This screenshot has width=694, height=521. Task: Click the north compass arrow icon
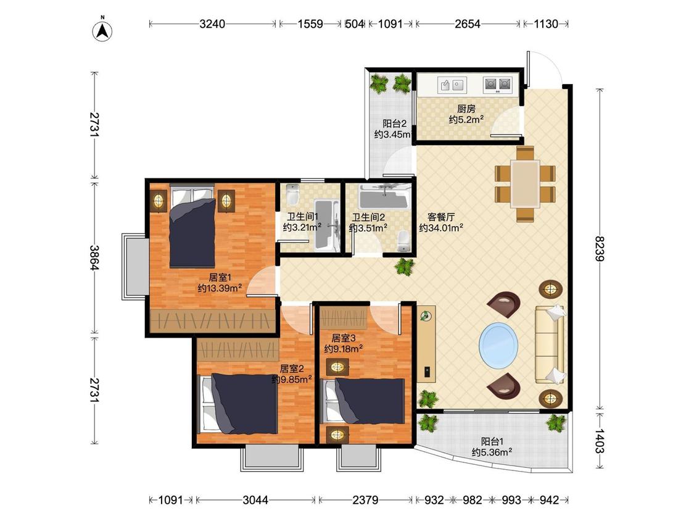point(102,30)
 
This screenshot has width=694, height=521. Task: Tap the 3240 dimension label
point(212,24)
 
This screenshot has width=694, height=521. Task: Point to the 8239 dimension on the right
point(599,249)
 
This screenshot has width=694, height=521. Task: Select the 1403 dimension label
point(599,441)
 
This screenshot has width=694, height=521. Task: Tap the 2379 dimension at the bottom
point(365,500)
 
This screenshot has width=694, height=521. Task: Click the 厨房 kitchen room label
point(466,109)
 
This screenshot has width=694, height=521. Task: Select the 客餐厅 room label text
point(441,217)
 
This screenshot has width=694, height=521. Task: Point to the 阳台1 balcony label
point(493,442)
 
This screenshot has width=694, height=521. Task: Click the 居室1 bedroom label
point(220,277)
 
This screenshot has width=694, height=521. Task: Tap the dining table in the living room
point(525,184)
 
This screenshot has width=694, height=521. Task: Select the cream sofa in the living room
point(550,344)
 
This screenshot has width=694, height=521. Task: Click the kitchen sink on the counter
point(452,84)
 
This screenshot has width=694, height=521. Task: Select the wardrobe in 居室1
point(213,320)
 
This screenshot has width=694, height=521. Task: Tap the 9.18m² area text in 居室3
point(344,349)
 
